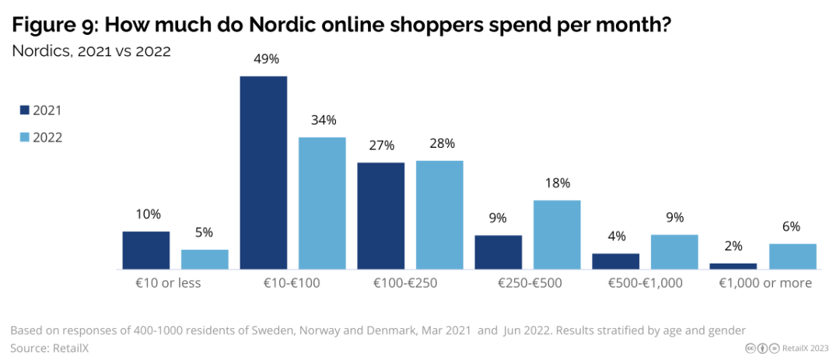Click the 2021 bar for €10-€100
(x=263, y=173)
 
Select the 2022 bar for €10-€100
(x=322, y=203)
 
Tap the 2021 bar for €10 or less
(x=145, y=250)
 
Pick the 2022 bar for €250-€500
(x=557, y=234)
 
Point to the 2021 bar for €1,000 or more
(x=733, y=266)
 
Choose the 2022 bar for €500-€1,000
(x=674, y=251)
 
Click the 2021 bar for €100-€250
(x=381, y=215)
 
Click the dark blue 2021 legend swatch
(x=23, y=110)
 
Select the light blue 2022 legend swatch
(x=23, y=138)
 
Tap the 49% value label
(x=263, y=60)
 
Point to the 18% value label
(x=557, y=184)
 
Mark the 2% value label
(x=733, y=247)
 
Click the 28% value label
(x=440, y=144)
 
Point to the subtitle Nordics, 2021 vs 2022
(x=90, y=51)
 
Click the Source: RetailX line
(x=49, y=348)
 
